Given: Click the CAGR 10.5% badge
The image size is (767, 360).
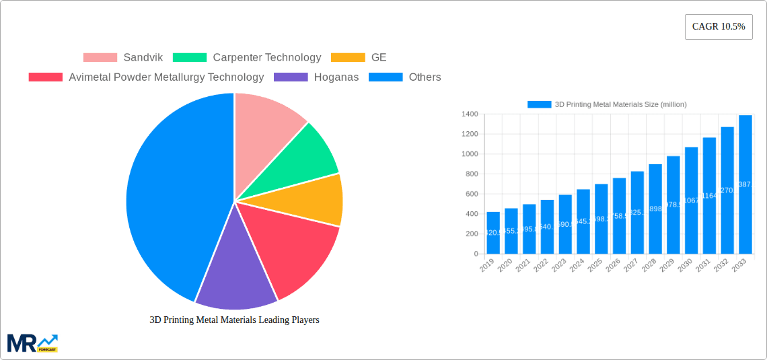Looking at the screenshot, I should [718, 27].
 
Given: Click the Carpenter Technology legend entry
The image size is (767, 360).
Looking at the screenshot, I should [247, 57].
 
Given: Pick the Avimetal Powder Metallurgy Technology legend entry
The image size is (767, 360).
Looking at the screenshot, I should [147, 77].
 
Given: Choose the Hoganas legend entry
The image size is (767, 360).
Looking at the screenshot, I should [317, 77].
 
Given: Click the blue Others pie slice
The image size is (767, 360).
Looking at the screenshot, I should [168, 202].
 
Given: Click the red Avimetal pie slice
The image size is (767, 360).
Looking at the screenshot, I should [296, 249].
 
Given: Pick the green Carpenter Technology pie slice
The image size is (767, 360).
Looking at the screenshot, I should [306, 155].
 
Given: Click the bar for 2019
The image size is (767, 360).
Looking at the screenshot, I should [493, 233].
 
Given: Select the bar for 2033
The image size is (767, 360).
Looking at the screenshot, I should [745, 184].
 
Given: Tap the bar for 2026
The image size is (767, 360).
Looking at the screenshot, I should [619, 215].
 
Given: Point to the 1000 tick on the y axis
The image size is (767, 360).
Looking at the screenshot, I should [470, 154].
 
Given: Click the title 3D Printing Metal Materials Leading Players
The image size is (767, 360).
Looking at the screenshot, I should [234, 320].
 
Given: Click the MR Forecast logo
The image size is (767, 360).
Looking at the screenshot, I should [32, 343].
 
